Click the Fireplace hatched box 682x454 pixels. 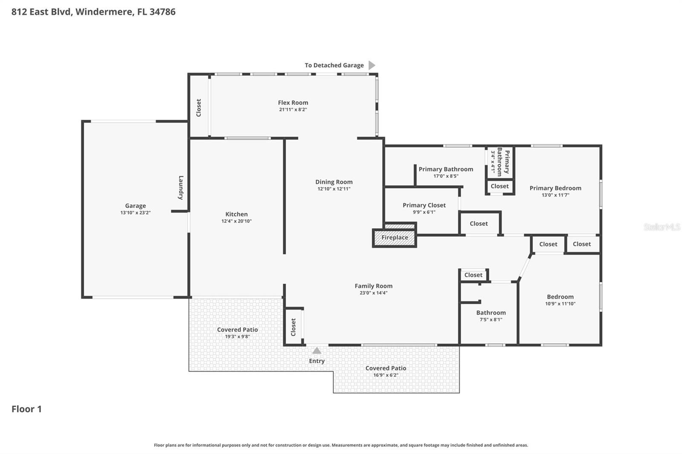pyautogui.click(x=394, y=238)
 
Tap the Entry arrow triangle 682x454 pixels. pyautogui.click(x=317, y=351)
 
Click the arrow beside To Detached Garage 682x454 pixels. pyautogui.click(x=372, y=65)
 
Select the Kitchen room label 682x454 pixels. pyautogui.click(x=237, y=214)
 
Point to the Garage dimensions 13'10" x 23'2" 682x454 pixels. pyautogui.click(x=136, y=213)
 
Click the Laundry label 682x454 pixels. pyautogui.click(x=181, y=187)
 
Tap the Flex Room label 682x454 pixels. pyautogui.click(x=293, y=103)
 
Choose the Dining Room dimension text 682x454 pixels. pyautogui.click(x=334, y=189)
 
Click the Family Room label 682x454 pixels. pyautogui.click(x=373, y=286)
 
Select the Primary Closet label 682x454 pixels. pyautogui.click(x=424, y=205)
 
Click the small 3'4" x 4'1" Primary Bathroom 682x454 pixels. pyautogui.click(x=500, y=162)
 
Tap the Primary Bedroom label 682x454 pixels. pyautogui.click(x=555, y=188)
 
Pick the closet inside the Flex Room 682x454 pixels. pyautogui.click(x=199, y=107)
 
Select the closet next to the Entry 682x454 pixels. pyautogui.click(x=293, y=327)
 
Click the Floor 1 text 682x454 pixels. pyautogui.click(x=26, y=409)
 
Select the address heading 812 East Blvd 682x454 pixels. pyautogui.click(x=93, y=11)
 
